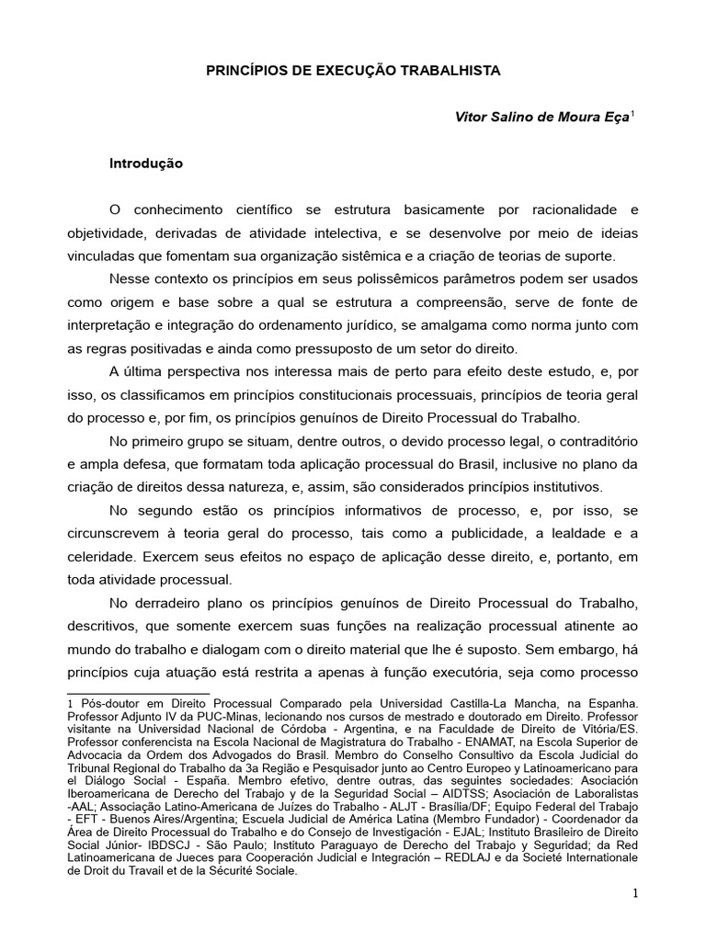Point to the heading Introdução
146,164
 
